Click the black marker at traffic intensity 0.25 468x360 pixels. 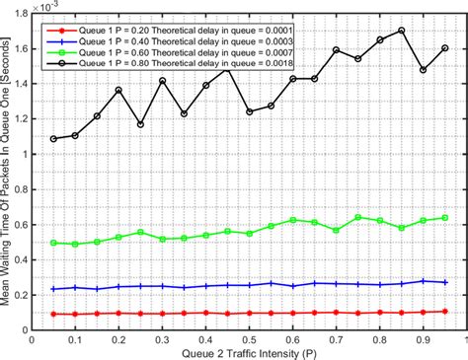click(140, 124)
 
